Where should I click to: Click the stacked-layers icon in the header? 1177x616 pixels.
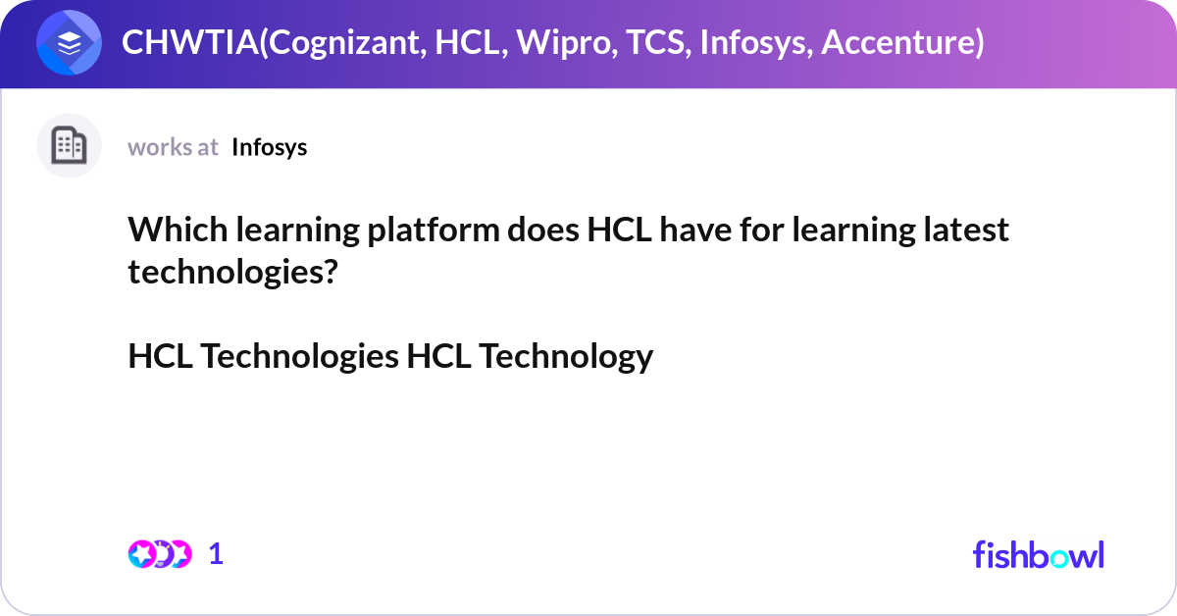point(70,43)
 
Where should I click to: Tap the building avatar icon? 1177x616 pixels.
point(69,146)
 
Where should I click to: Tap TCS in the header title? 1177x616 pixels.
point(653,43)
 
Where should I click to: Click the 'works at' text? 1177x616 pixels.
point(173,147)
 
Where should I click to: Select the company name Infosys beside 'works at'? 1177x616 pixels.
point(269,147)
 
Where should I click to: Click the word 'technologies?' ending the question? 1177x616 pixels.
point(232,273)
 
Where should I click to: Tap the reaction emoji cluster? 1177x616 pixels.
point(159,554)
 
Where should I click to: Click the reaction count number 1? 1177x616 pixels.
point(217,554)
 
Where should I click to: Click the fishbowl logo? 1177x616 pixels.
point(1038,554)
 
